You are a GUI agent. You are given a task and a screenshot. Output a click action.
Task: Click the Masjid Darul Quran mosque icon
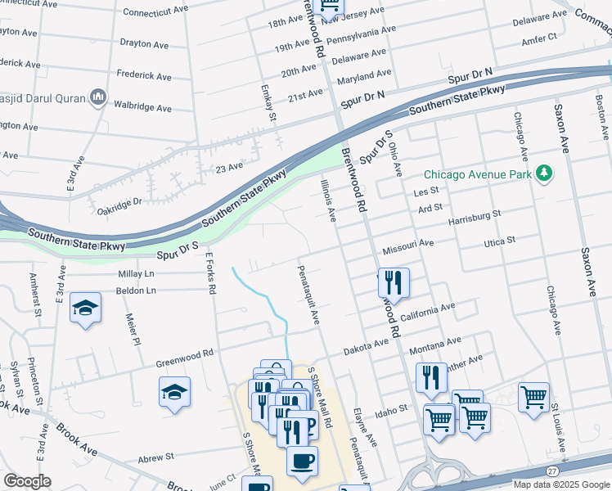click(98, 97)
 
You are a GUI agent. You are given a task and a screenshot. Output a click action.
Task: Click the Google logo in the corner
click(27, 481)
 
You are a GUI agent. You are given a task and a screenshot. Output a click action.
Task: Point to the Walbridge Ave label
click(142, 107)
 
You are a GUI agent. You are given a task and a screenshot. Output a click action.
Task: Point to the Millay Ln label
click(136, 274)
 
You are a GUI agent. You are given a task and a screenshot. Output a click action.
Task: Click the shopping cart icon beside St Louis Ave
click(533, 397)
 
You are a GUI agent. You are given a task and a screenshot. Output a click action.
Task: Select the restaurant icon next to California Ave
click(394, 283)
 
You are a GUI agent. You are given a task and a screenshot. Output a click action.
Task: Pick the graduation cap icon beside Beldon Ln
click(85, 308)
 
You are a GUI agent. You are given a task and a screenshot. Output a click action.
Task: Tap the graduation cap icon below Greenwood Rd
click(174, 392)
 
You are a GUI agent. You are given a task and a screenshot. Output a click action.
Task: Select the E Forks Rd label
click(211, 273)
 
